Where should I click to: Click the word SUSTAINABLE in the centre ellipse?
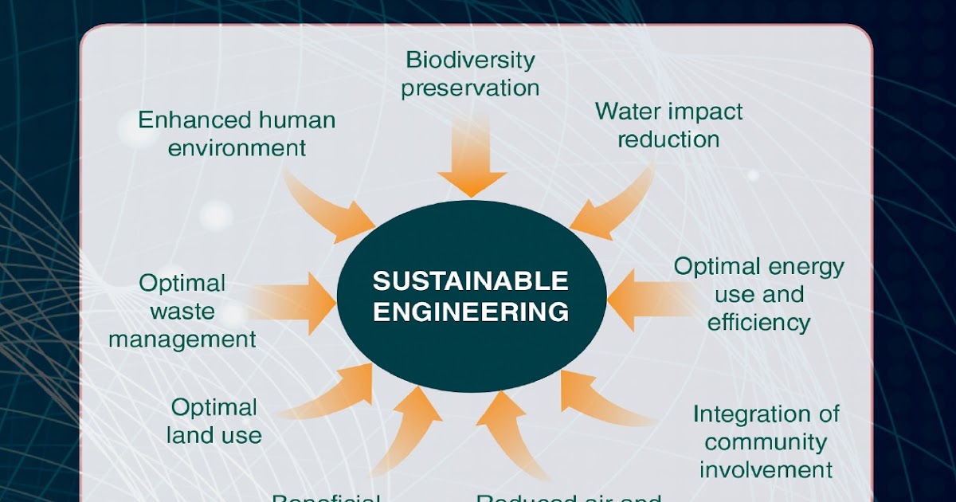(471, 281)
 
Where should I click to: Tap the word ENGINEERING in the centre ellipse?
(471, 311)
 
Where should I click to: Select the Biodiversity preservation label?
(470, 73)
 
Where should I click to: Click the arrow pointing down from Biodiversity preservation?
(472, 155)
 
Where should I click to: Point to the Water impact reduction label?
(668, 125)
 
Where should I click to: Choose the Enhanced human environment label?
(237, 134)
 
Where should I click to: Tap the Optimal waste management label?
(182, 311)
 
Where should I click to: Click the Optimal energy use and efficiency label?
(758, 294)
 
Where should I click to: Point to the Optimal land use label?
(214, 422)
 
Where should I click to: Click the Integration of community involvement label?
(766, 441)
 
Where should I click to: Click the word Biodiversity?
(470, 60)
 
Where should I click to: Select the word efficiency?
(758, 323)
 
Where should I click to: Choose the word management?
(182, 339)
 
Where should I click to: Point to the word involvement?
(766, 469)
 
